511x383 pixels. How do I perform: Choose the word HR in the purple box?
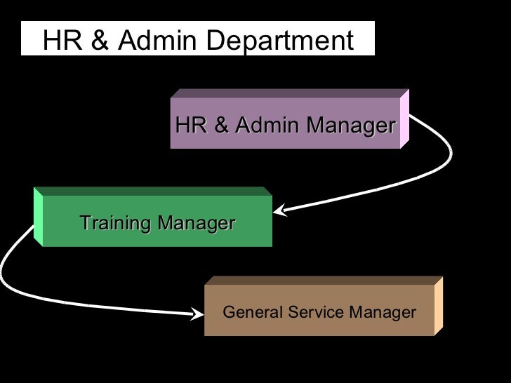pos(190,126)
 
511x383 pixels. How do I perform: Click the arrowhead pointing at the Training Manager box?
pos(279,210)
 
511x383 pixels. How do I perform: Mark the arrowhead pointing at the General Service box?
pos(199,314)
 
